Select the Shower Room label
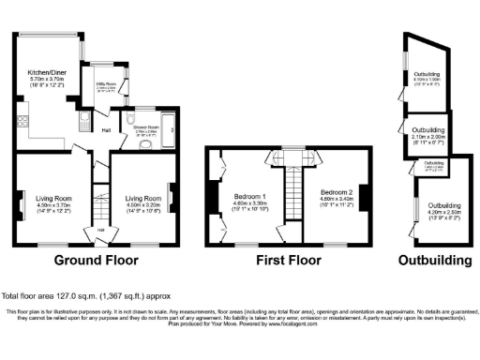coord(146,132)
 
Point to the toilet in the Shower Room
coord(125,141)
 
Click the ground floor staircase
coord(97,202)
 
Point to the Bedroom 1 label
coord(250,201)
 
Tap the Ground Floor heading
coord(97,260)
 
